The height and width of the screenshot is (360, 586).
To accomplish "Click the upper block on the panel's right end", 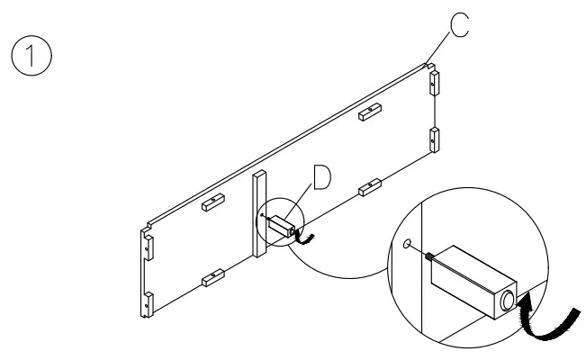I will point(435,83).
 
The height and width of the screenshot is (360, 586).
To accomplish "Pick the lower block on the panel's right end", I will point(435,139).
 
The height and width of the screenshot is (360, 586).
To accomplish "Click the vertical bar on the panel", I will point(259,212).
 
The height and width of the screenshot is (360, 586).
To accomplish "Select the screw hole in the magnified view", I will point(408,243).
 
